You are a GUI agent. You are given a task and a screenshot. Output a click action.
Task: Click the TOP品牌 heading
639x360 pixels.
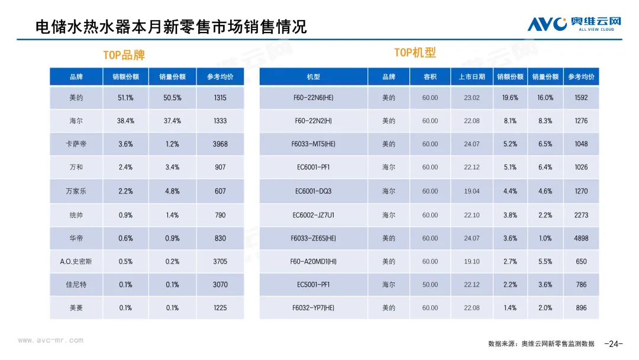click(124, 55)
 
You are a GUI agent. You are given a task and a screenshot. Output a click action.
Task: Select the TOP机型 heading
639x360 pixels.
click(415, 53)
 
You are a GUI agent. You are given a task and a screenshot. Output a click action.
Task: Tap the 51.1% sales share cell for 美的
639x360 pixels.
click(125, 98)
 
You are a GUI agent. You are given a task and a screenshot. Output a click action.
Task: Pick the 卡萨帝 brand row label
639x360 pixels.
click(76, 144)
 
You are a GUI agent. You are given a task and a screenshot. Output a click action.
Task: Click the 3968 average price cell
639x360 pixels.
click(220, 144)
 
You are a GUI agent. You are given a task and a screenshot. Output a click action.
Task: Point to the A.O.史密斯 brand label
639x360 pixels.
click(76, 261)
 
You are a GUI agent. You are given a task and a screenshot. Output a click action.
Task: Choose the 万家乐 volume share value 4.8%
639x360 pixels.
click(172, 191)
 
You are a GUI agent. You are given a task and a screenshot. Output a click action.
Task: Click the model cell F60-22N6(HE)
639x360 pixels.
click(313, 98)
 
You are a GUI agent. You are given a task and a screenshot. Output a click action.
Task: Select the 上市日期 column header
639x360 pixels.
click(472, 77)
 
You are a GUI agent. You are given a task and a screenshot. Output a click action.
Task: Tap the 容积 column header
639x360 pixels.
click(430, 77)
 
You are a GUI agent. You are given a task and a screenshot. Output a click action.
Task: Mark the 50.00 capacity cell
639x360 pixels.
click(430, 285)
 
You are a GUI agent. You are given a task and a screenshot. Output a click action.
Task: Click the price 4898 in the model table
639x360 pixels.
click(581, 238)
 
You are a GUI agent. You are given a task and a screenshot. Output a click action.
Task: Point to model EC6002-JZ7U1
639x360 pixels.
click(313, 215)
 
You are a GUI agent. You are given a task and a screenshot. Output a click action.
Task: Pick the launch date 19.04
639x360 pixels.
click(472, 191)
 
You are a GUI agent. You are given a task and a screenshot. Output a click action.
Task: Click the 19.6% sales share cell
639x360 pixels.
click(510, 98)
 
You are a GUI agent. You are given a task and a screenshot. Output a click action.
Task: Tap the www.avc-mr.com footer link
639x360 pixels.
click(51, 340)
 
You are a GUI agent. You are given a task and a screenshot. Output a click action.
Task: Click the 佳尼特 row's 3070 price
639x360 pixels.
click(220, 285)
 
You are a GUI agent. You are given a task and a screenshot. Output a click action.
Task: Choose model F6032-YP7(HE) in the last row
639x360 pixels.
click(313, 308)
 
